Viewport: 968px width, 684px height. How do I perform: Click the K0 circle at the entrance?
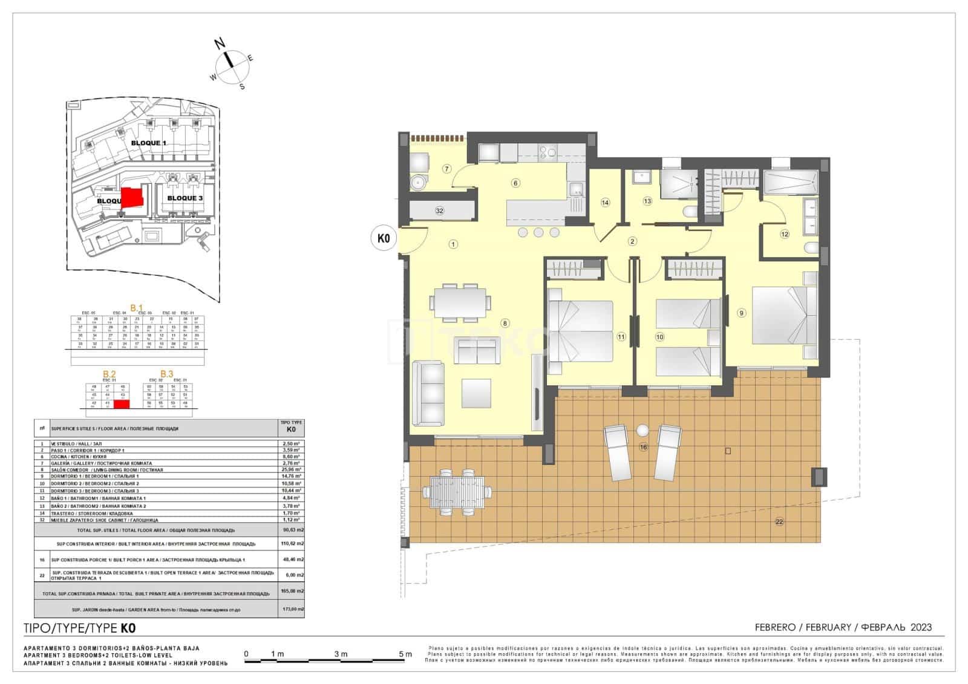383,239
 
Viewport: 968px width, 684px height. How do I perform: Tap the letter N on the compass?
220,43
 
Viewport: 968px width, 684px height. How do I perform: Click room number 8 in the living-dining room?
505,323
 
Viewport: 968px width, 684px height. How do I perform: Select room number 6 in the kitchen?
515,183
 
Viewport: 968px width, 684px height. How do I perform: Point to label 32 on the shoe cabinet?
440,210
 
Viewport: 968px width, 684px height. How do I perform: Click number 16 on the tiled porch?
643,447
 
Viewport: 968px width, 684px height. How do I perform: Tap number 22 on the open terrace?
779,521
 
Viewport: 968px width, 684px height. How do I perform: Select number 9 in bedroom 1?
742,313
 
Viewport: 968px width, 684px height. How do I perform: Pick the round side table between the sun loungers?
643,431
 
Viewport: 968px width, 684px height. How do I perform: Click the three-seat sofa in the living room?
428,394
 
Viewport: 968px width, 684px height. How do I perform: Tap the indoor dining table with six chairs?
460,302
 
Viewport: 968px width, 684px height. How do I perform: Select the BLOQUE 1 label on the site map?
148,143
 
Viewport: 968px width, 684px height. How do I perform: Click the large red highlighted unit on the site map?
132,198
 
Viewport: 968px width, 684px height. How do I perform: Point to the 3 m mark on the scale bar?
340,654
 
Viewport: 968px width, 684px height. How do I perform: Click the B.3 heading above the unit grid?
166,374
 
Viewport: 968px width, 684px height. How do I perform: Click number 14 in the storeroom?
605,203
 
